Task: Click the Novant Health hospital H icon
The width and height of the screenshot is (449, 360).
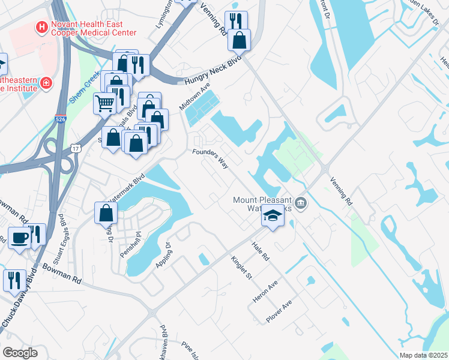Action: [41, 27]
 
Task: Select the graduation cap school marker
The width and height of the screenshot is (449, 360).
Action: [273, 215]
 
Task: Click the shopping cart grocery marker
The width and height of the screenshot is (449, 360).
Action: [105, 104]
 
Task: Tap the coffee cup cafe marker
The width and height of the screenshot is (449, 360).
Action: [19, 238]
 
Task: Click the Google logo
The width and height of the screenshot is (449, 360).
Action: [20, 353]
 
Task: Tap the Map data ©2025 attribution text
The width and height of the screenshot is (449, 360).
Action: [423, 355]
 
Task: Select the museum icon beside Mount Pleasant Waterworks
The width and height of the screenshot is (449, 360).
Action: [301, 203]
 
